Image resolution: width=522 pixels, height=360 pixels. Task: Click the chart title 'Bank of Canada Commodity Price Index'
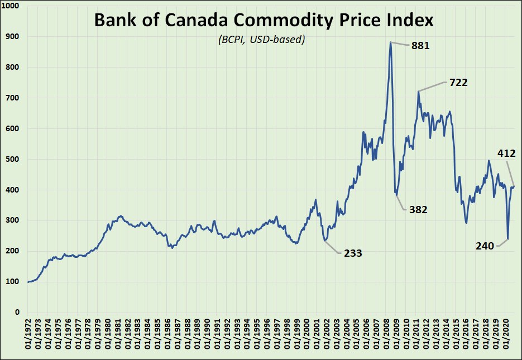click(x=264, y=20)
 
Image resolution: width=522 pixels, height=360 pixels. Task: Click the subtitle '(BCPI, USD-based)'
click(x=261, y=40)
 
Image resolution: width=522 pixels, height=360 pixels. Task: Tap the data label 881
click(x=420, y=46)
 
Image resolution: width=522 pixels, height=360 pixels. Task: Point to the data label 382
click(x=418, y=210)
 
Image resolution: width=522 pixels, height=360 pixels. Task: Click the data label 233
click(x=352, y=253)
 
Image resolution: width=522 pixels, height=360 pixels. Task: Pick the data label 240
click(x=485, y=246)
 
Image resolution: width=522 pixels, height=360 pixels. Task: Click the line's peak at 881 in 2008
click(x=390, y=42)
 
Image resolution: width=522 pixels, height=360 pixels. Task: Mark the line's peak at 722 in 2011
click(x=418, y=91)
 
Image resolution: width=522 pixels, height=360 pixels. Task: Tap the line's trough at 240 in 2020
click(x=507, y=239)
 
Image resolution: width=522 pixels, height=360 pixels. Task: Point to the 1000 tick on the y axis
click(x=11, y=6)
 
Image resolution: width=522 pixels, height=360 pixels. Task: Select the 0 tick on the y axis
click(x=17, y=313)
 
